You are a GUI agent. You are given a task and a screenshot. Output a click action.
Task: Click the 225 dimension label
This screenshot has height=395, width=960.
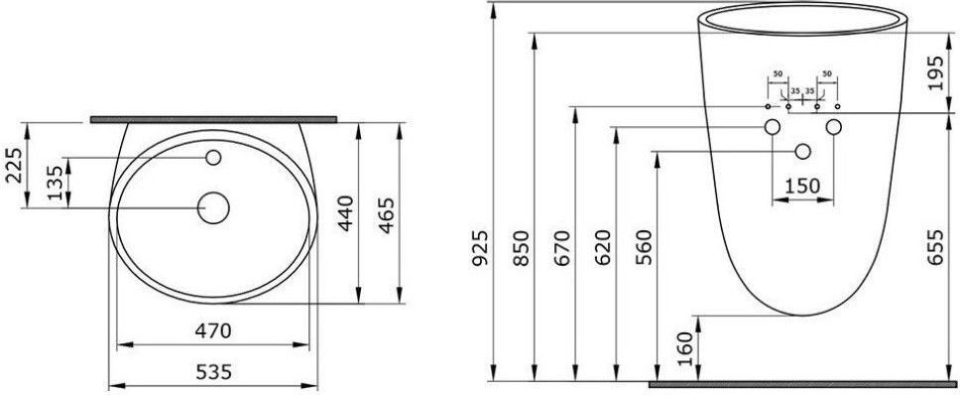pos(15,166)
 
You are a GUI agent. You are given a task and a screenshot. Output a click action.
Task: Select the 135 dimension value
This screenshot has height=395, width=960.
pos(56,182)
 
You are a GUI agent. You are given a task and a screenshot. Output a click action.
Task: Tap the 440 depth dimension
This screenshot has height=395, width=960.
pos(346,212)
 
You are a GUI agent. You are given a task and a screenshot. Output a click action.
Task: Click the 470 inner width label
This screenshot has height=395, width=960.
pos(213,331)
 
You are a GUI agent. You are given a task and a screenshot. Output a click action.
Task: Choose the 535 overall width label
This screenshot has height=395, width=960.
pos(213,372)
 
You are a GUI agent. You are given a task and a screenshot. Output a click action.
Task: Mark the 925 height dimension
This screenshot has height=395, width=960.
pos(482,248)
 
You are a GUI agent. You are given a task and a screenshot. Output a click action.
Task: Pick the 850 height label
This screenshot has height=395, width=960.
pos(521,248)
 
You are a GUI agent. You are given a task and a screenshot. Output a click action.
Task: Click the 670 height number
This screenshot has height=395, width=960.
pos(562,248)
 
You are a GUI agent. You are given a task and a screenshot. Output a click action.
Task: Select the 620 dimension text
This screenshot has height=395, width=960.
pos(603,248)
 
